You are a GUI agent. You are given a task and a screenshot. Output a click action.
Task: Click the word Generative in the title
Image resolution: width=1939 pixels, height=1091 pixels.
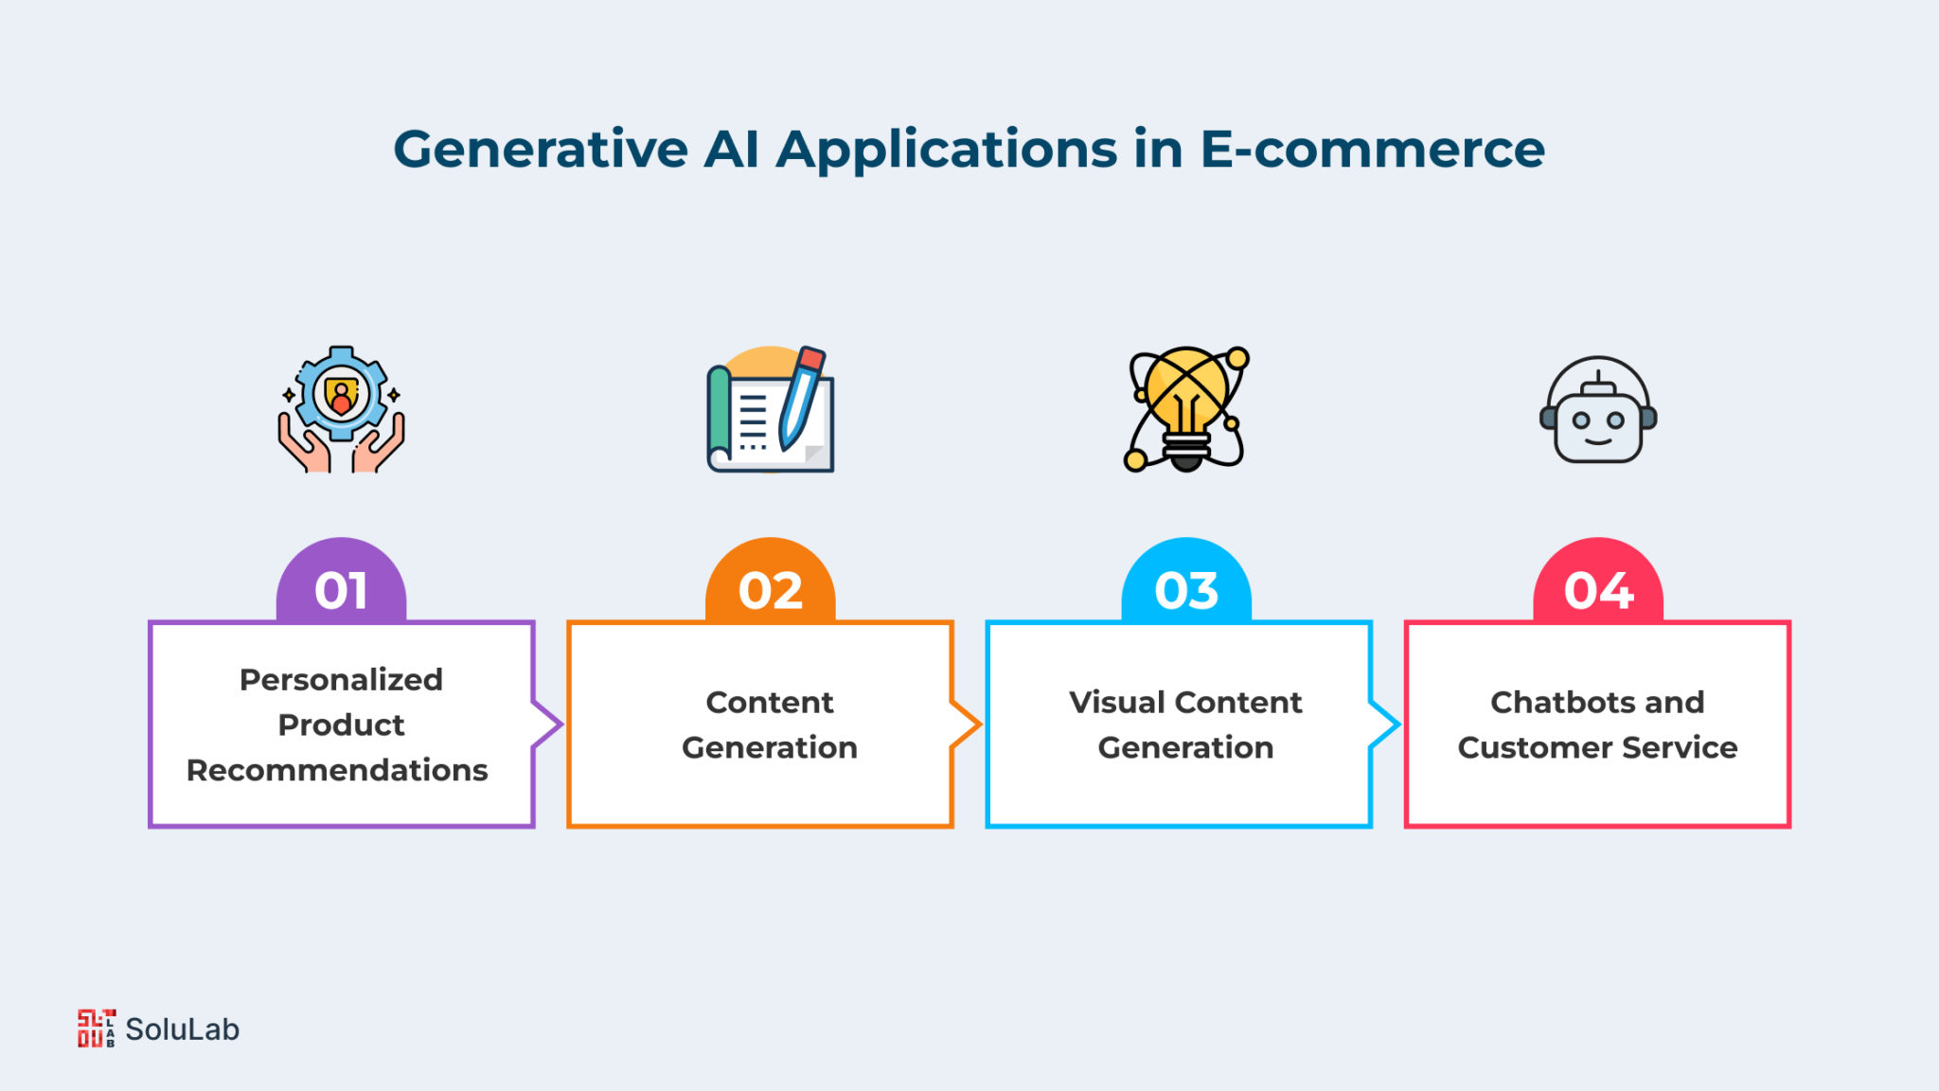[x=541, y=151]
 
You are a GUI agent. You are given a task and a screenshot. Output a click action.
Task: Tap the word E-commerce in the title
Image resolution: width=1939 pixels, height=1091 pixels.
[x=1373, y=150]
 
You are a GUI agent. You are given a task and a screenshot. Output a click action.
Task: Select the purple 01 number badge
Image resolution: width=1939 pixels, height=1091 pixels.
[x=341, y=581]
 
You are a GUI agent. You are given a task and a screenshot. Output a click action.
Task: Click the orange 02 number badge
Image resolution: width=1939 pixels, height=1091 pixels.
[x=771, y=581]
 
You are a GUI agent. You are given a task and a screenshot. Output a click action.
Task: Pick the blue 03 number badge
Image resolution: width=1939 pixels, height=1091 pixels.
[x=1186, y=581]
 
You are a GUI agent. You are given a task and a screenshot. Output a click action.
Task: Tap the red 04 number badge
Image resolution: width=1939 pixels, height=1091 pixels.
[x=1598, y=581]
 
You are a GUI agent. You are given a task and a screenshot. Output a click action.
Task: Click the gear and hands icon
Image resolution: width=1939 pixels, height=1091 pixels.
[x=341, y=409]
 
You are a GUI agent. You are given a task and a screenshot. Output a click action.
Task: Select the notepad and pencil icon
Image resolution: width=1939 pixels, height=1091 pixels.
[x=771, y=409]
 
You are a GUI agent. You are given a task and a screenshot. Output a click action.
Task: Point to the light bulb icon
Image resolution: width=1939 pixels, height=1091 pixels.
[x=1186, y=409]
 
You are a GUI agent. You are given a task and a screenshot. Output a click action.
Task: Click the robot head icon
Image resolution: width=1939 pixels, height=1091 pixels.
[x=1598, y=409]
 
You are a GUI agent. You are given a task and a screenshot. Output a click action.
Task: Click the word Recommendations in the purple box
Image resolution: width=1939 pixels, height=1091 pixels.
[x=337, y=770]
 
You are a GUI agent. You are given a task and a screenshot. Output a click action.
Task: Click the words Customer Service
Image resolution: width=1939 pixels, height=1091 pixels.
[x=1598, y=747]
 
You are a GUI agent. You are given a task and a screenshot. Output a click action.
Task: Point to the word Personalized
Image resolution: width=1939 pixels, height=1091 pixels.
[x=341, y=679]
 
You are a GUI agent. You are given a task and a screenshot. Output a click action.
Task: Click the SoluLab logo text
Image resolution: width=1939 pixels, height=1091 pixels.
[x=183, y=1029]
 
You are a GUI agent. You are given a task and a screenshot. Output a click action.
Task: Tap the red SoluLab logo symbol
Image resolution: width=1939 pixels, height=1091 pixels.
[x=97, y=1028]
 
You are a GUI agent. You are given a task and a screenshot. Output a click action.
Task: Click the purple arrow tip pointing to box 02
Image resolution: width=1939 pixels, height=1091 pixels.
[x=562, y=725]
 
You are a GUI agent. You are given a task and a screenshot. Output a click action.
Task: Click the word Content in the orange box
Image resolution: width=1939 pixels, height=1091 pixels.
[x=770, y=702]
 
